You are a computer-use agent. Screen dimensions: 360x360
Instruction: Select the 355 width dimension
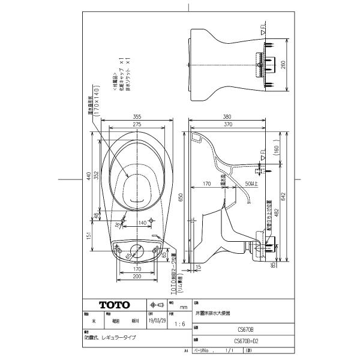(x=137, y=118)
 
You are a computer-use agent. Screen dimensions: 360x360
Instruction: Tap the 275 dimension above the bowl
(x=137, y=124)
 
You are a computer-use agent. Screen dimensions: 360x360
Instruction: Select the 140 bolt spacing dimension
(x=143, y=222)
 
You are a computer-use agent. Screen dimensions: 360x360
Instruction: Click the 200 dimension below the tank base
(x=137, y=278)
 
